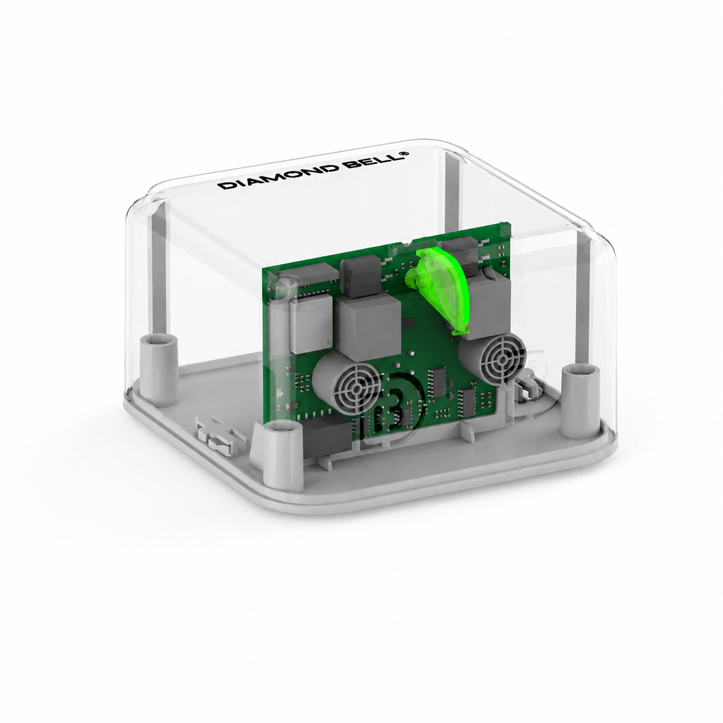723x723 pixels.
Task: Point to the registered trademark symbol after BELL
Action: click(x=404, y=153)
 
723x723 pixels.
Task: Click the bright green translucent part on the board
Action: click(x=438, y=289)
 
